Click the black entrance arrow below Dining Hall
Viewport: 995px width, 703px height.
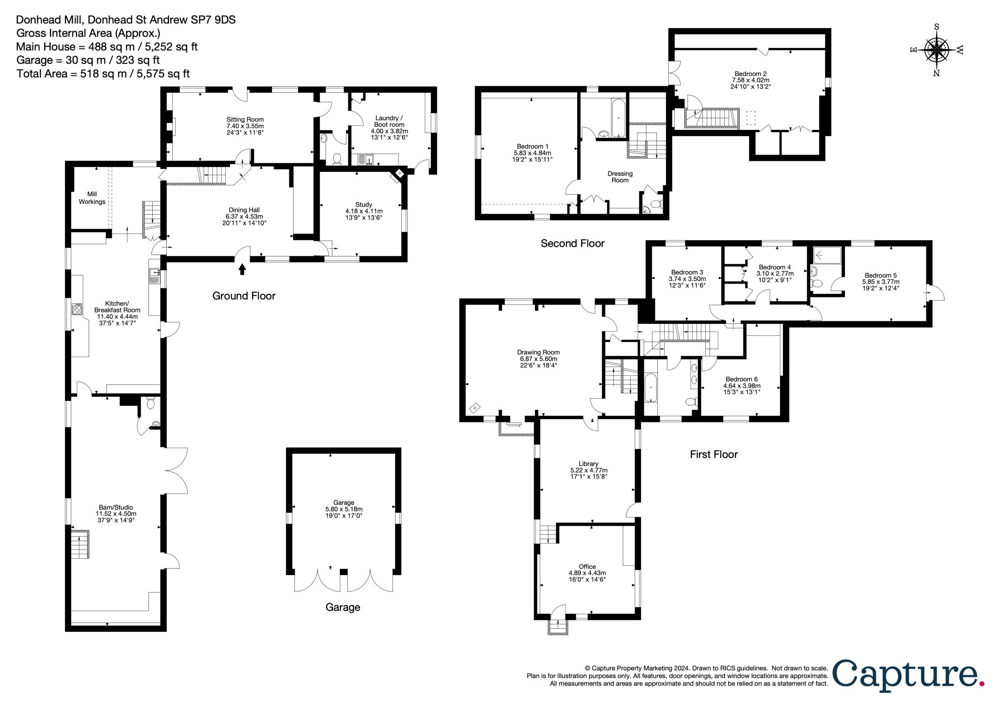pyautogui.click(x=242, y=270)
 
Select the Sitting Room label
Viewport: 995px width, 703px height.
pyautogui.click(x=245, y=120)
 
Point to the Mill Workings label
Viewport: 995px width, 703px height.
pyautogui.click(x=92, y=198)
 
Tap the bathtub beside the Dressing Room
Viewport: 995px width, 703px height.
pyautogui.click(x=618, y=117)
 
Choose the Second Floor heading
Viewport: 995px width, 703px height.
pyautogui.click(x=573, y=244)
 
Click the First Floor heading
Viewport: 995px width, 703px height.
pyautogui.click(x=714, y=454)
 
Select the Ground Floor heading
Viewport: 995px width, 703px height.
pyautogui.click(x=244, y=296)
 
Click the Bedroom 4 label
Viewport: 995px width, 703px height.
pyautogui.click(x=775, y=267)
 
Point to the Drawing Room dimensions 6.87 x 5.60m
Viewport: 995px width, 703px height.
pyautogui.click(x=539, y=359)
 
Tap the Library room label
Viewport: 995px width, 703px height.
pyautogui.click(x=588, y=464)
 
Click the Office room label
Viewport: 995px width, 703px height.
pyautogui.click(x=587, y=567)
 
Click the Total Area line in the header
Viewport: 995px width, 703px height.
pyautogui.click(x=103, y=74)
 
